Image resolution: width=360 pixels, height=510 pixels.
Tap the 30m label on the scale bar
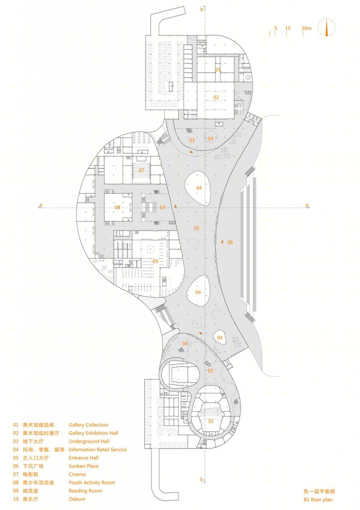pyautogui.click(x=306, y=28)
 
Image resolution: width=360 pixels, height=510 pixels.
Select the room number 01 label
pyautogui.click(x=218, y=70)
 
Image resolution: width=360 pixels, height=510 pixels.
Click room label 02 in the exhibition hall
pyautogui.click(x=216, y=97)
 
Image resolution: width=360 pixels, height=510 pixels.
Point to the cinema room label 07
pyautogui.click(x=141, y=170)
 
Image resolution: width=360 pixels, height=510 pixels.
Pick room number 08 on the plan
pyautogui.click(x=118, y=208)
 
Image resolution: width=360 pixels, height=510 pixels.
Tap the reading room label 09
pyautogui.click(x=155, y=261)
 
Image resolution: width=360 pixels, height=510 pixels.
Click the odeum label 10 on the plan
pyautogui.click(x=211, y=421)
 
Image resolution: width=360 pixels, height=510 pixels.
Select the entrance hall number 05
pyautogui.click(x=197, y=228)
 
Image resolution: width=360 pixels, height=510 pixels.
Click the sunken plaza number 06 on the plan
pyautogui.click(x=230, y=243)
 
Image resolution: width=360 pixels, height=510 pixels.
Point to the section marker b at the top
pyautogui.click(x=202, y=9)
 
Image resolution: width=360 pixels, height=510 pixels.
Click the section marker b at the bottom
pyautogui.click(x=202, y=480)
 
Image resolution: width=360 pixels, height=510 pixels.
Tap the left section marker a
pyautogui.click(x=41, y=205)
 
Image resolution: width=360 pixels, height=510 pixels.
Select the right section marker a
pyautogui.click(x=307, y=205)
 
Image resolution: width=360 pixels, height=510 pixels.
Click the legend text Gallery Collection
pyautogui.click(x=89, y=425)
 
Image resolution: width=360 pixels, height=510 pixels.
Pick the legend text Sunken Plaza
pyautogui.click(x=84, y=466)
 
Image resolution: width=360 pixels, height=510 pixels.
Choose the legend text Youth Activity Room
pyautogui.click(x=92, y=482)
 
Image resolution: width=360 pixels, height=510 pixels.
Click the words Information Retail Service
pyautogui.click(x=98, y=450)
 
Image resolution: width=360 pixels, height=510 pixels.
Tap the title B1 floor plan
pyautogui.click(x=318, y=500)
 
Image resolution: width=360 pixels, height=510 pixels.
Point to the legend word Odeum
pyautogui.click(x=77, y=499)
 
